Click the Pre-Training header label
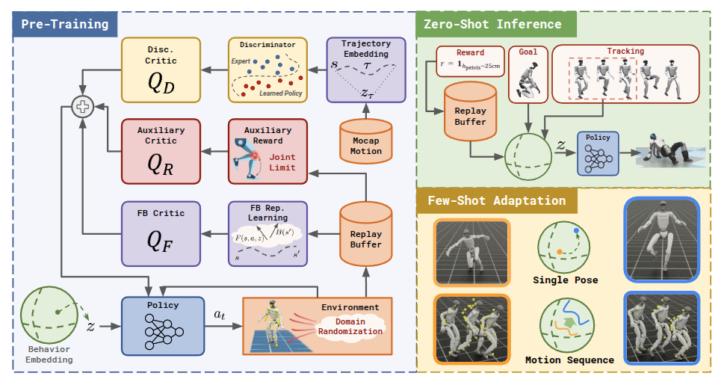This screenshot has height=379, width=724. [64, 24]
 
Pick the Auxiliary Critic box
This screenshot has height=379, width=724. [161, 150]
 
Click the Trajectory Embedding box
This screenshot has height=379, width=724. [366, 69]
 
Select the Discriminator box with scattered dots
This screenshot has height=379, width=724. [267, 69]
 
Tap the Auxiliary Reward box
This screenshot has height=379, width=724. [267, 150]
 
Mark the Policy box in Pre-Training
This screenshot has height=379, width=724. [161, 326]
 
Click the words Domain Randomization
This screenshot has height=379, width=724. [350, 326]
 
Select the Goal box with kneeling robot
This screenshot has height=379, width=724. [527, 73]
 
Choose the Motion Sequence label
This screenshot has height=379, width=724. [569, 360]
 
